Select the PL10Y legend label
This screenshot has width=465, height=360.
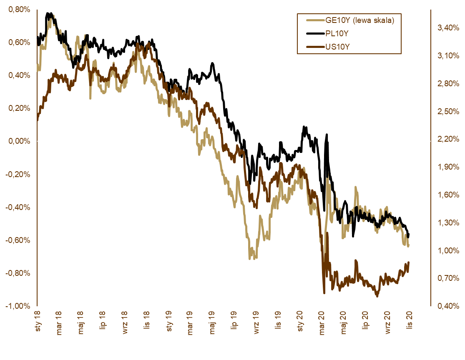(337, 33)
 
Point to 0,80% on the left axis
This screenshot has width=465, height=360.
(19, 10)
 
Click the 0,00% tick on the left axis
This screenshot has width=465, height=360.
(19, 141)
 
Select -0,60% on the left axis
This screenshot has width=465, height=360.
(18, 240)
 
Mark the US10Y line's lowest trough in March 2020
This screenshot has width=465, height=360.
(324, 293)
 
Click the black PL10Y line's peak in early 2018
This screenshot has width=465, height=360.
(49, 14)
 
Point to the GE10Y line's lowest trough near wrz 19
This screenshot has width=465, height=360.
(250, 258)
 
